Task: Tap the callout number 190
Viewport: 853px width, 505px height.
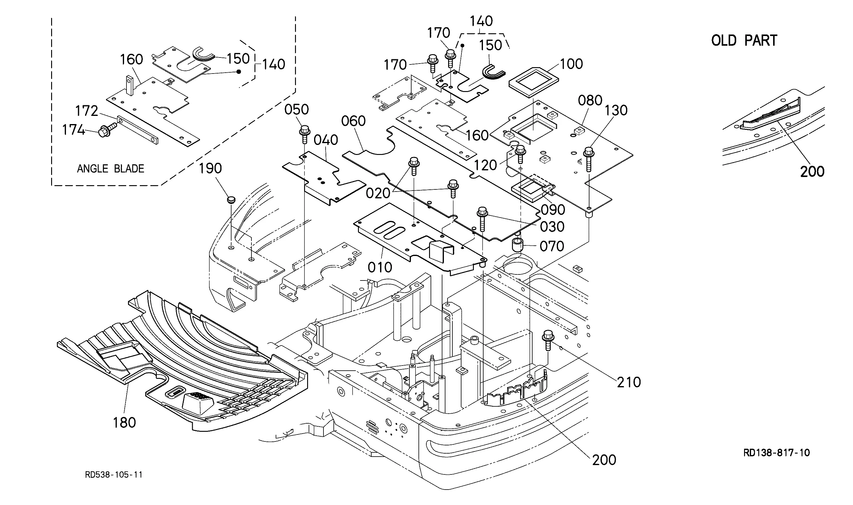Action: [210, 169]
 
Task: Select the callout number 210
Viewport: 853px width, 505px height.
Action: [629, 382]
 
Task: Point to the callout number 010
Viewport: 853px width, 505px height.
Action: [380, 267]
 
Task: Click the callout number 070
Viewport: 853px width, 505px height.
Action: [552, 246]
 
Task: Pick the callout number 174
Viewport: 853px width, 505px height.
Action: [73, 130]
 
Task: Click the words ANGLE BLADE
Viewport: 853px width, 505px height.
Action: [110, 169]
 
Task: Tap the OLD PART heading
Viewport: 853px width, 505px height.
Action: [744, 41]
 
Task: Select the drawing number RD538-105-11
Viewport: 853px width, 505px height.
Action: [114, 475]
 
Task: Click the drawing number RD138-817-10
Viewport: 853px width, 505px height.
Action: [776, 453]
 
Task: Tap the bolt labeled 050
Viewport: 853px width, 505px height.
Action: [304, 135]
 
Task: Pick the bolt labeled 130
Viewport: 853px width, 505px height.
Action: [589, 160]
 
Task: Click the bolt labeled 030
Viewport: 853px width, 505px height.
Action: [482, 219]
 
